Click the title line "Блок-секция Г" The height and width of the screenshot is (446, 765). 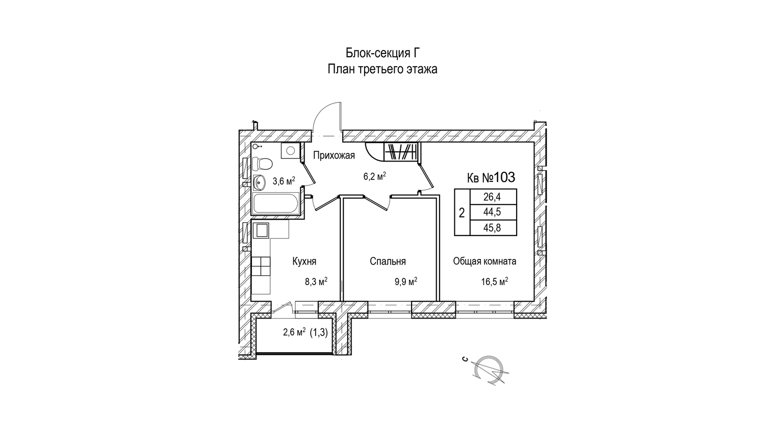point(382,53)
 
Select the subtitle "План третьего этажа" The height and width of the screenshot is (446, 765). point(382,69)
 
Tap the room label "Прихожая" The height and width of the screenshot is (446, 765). point(334,155)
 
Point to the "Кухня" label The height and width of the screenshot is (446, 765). point(304,261)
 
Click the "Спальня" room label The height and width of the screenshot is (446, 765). point(388,261)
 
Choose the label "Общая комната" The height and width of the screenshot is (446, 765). point(484,261)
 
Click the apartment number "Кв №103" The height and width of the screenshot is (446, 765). point(491,177)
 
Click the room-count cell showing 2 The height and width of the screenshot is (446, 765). point(462,213)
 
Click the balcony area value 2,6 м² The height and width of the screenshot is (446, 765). point(294,333)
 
